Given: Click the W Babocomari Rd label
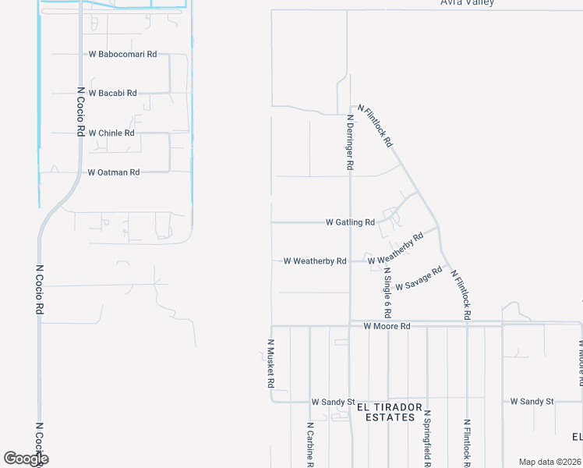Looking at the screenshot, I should point(124,55).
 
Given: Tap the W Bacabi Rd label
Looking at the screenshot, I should point(112,93).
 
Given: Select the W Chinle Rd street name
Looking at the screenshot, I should point(111,133).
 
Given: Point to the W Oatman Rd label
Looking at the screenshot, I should point(113,172).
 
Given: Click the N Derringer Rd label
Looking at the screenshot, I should point(350,143).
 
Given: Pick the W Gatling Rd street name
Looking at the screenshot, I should point(350,222).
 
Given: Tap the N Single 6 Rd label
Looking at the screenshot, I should point(387,293).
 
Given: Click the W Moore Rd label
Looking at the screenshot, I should point(387,326).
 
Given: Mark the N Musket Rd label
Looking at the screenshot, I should point(271,364).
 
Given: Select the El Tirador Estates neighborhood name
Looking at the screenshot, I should point(390,412).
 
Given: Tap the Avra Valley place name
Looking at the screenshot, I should point(467,3).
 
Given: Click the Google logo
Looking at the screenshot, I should point(26,459).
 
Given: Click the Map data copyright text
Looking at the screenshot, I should point(549,462).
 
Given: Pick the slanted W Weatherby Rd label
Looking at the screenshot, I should point(396,249).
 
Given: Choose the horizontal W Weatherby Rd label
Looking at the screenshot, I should point(315,261).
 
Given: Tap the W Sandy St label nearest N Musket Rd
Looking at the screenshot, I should point(333,402).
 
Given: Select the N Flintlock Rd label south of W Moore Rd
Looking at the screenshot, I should point(467,443).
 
